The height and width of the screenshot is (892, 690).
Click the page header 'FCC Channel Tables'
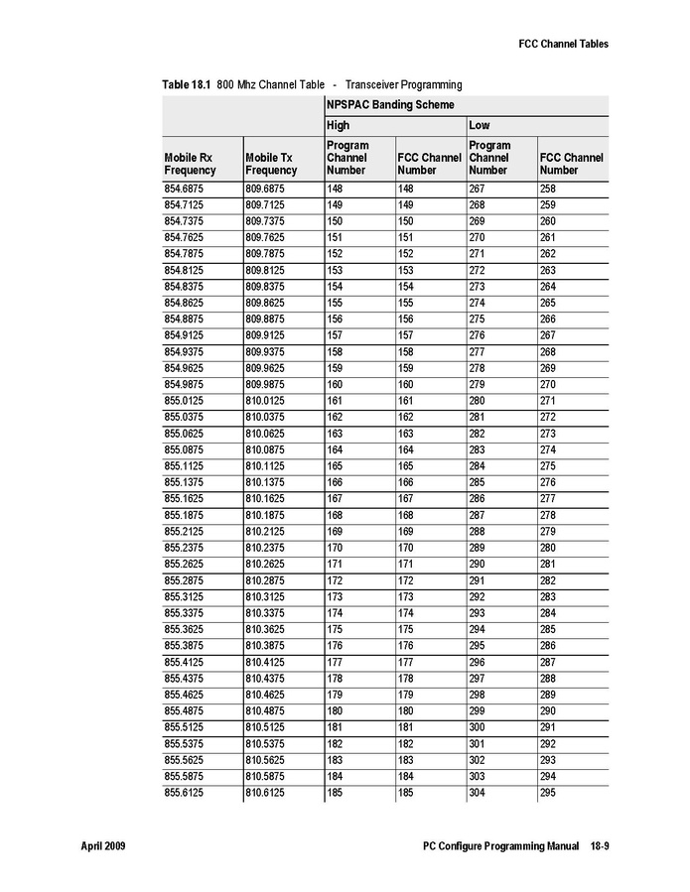(563, 44)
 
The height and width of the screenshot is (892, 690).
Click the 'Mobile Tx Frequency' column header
(270, 164)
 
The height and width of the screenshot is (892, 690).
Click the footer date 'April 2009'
(102, 846)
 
